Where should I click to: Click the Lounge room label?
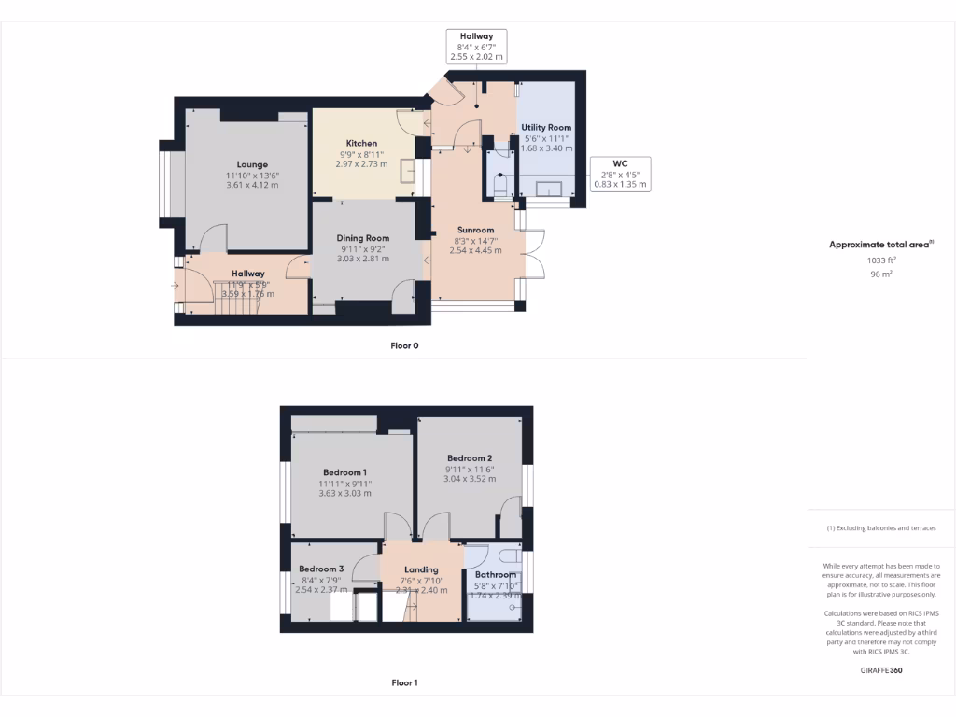(252, 164)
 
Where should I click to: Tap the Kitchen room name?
(359, 143)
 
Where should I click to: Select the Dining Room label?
(363, 238)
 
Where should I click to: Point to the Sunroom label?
(475, 230)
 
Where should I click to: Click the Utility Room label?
(546, 127)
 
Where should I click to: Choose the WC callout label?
(620, 162)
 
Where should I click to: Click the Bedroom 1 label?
(344, 472)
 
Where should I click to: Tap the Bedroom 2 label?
(470, 457)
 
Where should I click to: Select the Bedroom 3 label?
(321, 569)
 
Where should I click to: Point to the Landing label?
(421, 569)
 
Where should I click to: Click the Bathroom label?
(496, 574)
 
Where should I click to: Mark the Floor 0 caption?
(404, 345)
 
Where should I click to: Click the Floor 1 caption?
(404, 682)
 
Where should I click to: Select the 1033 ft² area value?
(881, 260)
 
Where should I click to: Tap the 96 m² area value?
(881, 274)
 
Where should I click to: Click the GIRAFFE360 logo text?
(881, 669)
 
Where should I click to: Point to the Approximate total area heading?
(880, 245)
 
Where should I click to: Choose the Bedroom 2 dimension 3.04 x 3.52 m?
(470, 479)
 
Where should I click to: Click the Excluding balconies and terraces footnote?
(881, 528)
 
